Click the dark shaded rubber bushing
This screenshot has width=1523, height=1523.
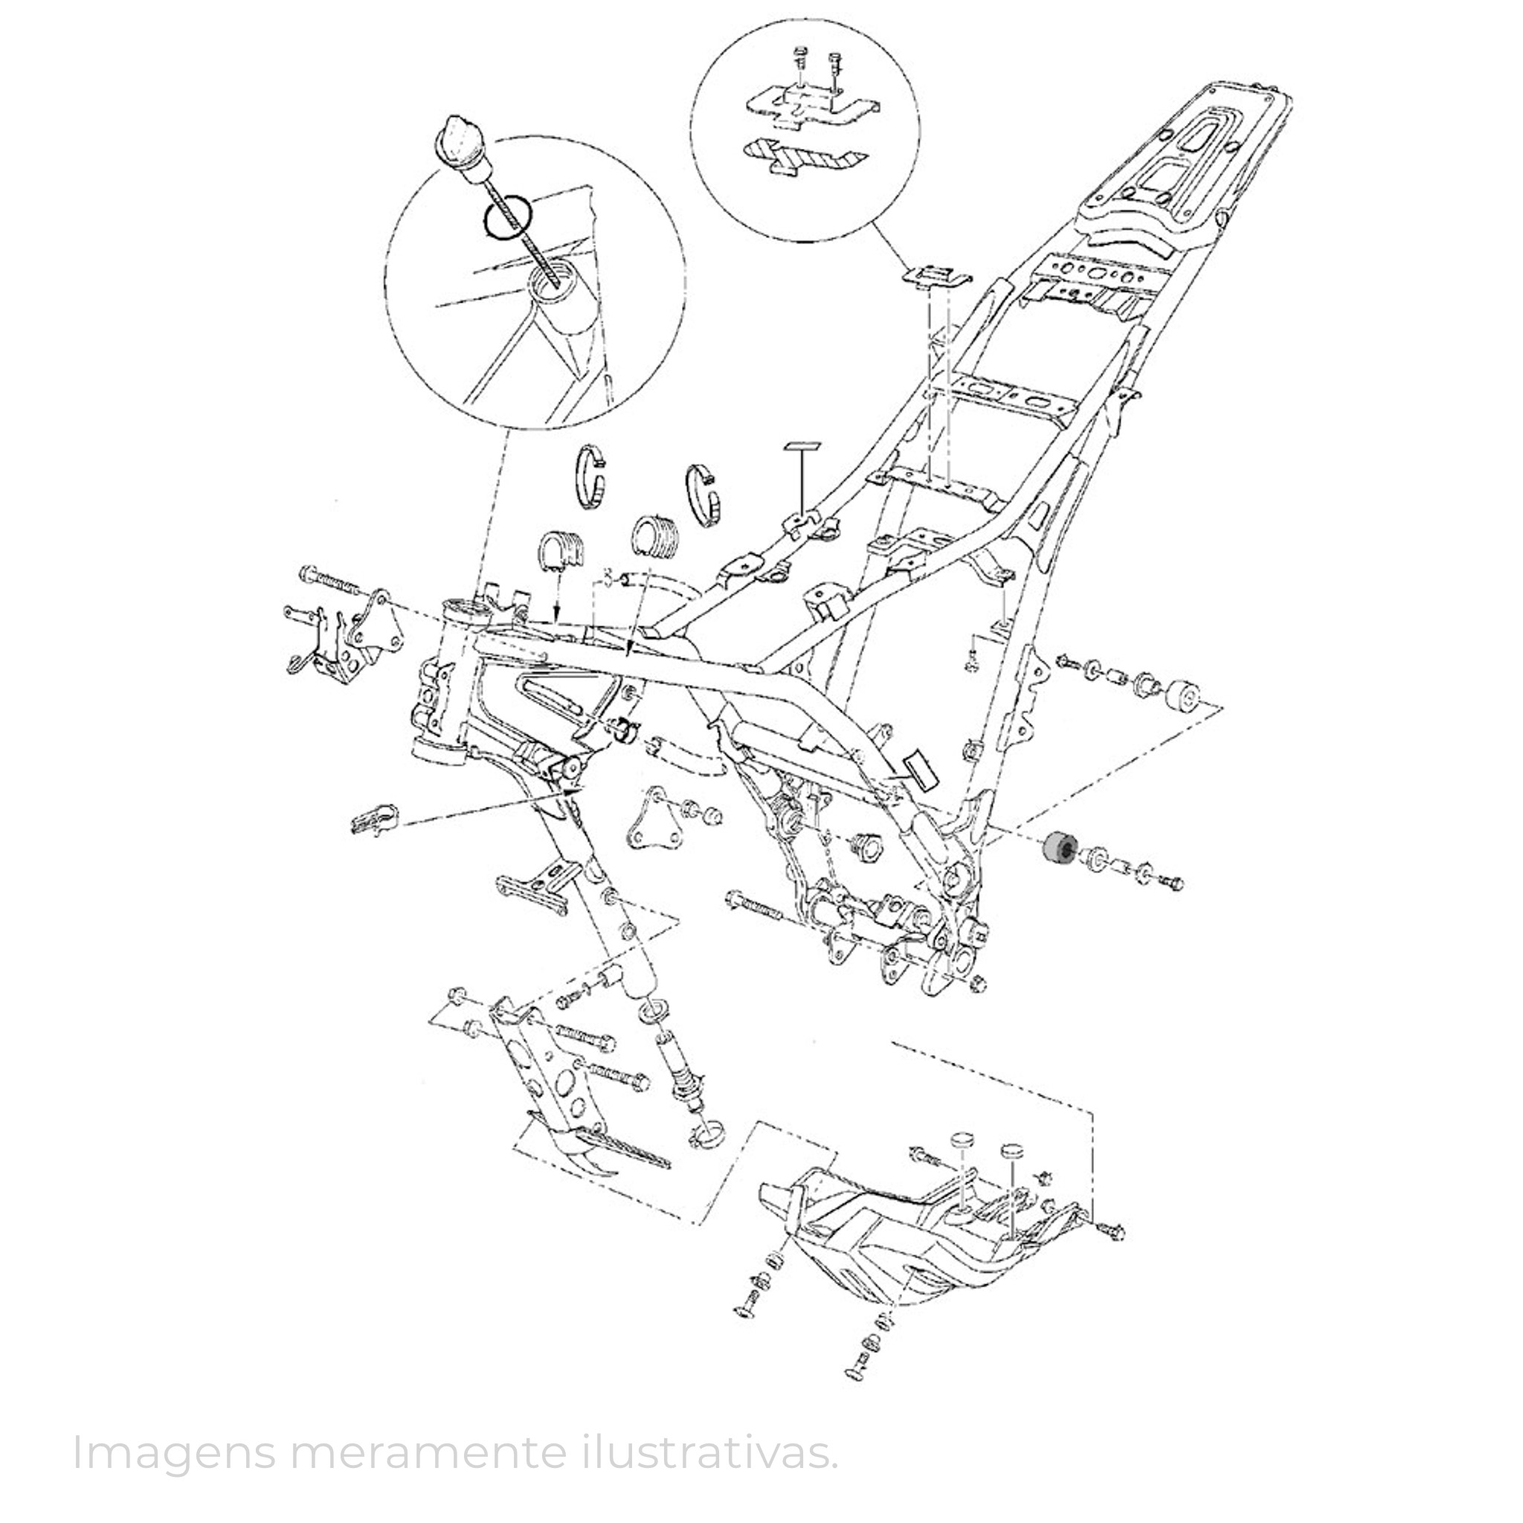coord(1057,850)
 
